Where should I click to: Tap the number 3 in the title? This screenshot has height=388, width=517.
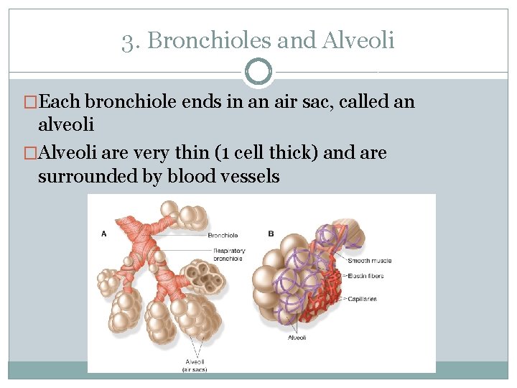126,40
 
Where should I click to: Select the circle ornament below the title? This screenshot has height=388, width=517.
258,72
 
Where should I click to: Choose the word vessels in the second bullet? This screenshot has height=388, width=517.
251,176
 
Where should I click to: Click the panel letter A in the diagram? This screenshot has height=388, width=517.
104,233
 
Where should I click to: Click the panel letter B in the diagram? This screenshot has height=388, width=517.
271,233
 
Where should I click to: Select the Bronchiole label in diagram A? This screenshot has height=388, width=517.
223,235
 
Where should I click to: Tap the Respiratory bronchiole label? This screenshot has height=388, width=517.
228,254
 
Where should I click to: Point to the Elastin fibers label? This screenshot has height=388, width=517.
368,276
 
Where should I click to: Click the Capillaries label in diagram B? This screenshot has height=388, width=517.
363,299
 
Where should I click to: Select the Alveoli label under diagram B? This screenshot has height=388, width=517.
297,338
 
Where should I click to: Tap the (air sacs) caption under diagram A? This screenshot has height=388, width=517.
194,369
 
